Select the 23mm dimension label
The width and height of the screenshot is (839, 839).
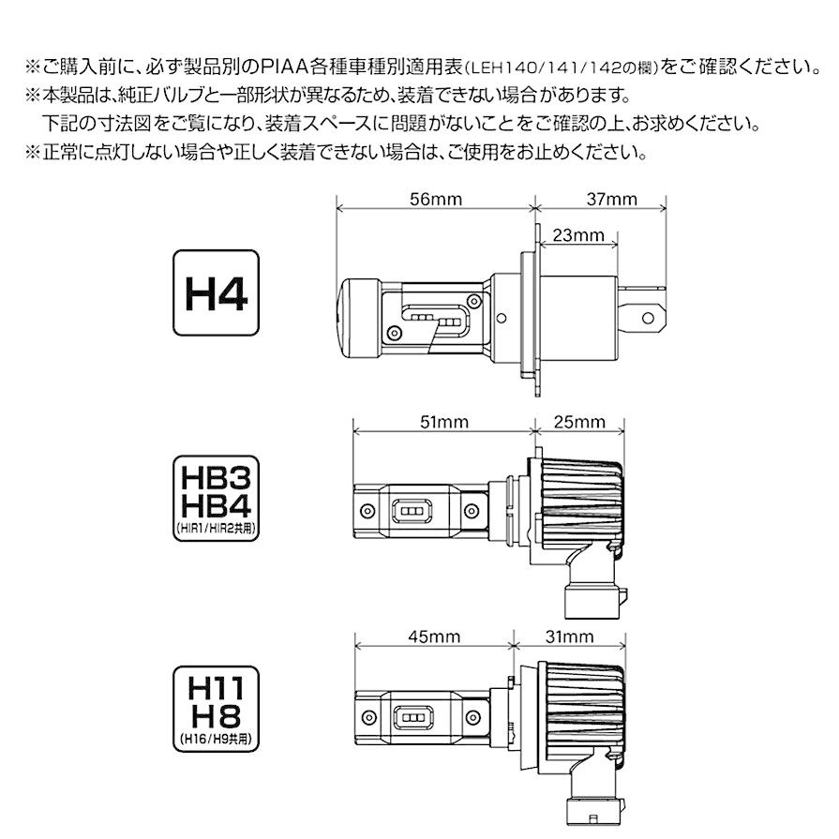[x=577, y=235]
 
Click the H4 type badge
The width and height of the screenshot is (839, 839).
[x=216, y=292]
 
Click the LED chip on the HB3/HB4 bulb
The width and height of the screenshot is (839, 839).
[x=412, y=510]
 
